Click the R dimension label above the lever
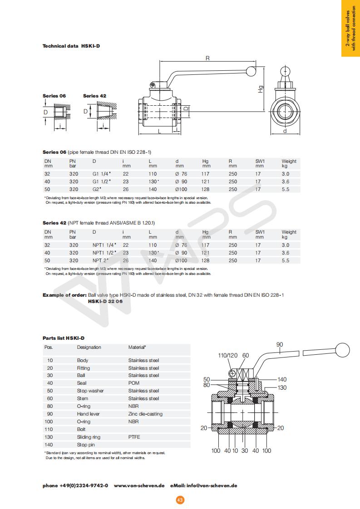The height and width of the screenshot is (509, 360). pos(207,58)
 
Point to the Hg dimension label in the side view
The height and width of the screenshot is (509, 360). pos(261,89)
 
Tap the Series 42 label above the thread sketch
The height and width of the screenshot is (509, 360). pos(94,96)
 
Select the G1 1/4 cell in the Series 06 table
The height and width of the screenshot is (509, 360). pos(102,174)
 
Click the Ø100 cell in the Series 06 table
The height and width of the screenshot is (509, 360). pos(182,189)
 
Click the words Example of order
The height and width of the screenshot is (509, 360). pos(64,295)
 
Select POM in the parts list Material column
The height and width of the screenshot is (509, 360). pos(133,383)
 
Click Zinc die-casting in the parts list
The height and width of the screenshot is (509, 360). pos(145,414)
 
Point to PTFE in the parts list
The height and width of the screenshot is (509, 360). pos(135,437)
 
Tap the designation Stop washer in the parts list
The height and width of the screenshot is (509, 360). pos(90,391)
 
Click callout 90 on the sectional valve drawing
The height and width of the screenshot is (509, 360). pos(280,345)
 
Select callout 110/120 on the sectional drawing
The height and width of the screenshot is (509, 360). pos(228,355)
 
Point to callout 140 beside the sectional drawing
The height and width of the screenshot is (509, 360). pos(282,379)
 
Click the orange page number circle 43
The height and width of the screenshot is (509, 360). pos(180,500)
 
